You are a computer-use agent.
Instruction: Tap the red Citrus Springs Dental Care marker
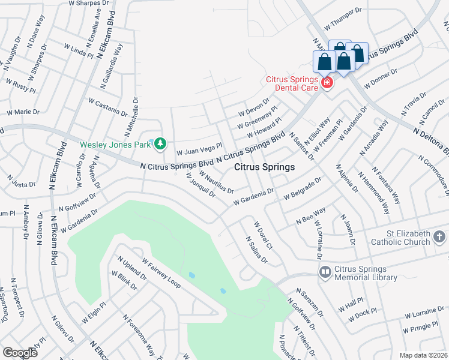click(327, 82)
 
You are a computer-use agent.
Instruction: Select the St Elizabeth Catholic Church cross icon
click(439, 237)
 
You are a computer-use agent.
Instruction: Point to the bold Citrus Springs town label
click(264, 167)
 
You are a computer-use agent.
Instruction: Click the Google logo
click(20, 353)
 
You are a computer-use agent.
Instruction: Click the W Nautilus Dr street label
click(216, 182)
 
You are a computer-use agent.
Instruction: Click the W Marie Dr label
click(23, 112)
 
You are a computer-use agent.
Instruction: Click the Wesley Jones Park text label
click(115, 144)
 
